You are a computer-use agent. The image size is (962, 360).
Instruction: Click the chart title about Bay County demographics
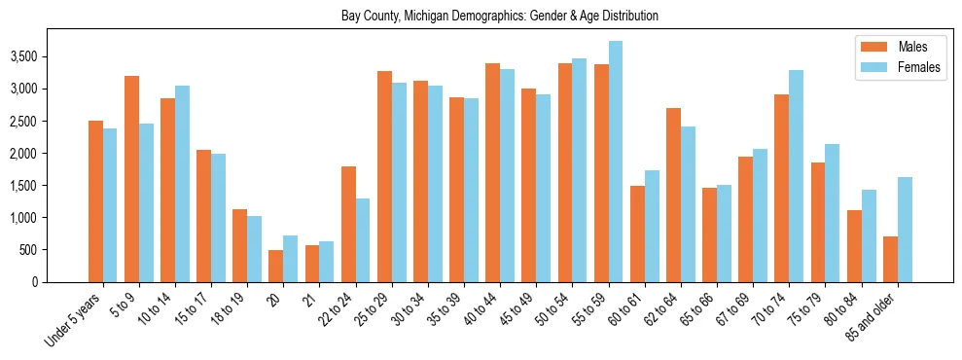tap(500, 16)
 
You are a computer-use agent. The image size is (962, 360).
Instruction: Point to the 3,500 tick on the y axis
tap(23, 57)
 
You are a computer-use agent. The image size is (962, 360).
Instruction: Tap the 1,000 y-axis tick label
tap(23, 218)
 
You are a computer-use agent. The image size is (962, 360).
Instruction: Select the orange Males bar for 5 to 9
tap(131, 179)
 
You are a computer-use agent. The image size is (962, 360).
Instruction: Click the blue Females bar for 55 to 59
tap(616, 162)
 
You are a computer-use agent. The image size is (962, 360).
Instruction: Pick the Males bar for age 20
tap(276, 266)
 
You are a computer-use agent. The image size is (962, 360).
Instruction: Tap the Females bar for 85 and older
tap(905, 230)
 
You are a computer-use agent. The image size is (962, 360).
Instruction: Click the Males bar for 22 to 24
tap(348, 224)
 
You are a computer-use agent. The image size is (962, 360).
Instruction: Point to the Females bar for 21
tap(327, 262)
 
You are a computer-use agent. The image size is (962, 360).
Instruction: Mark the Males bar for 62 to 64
tap(673, 195)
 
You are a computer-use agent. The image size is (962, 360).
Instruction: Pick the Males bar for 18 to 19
tap(239, 245)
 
